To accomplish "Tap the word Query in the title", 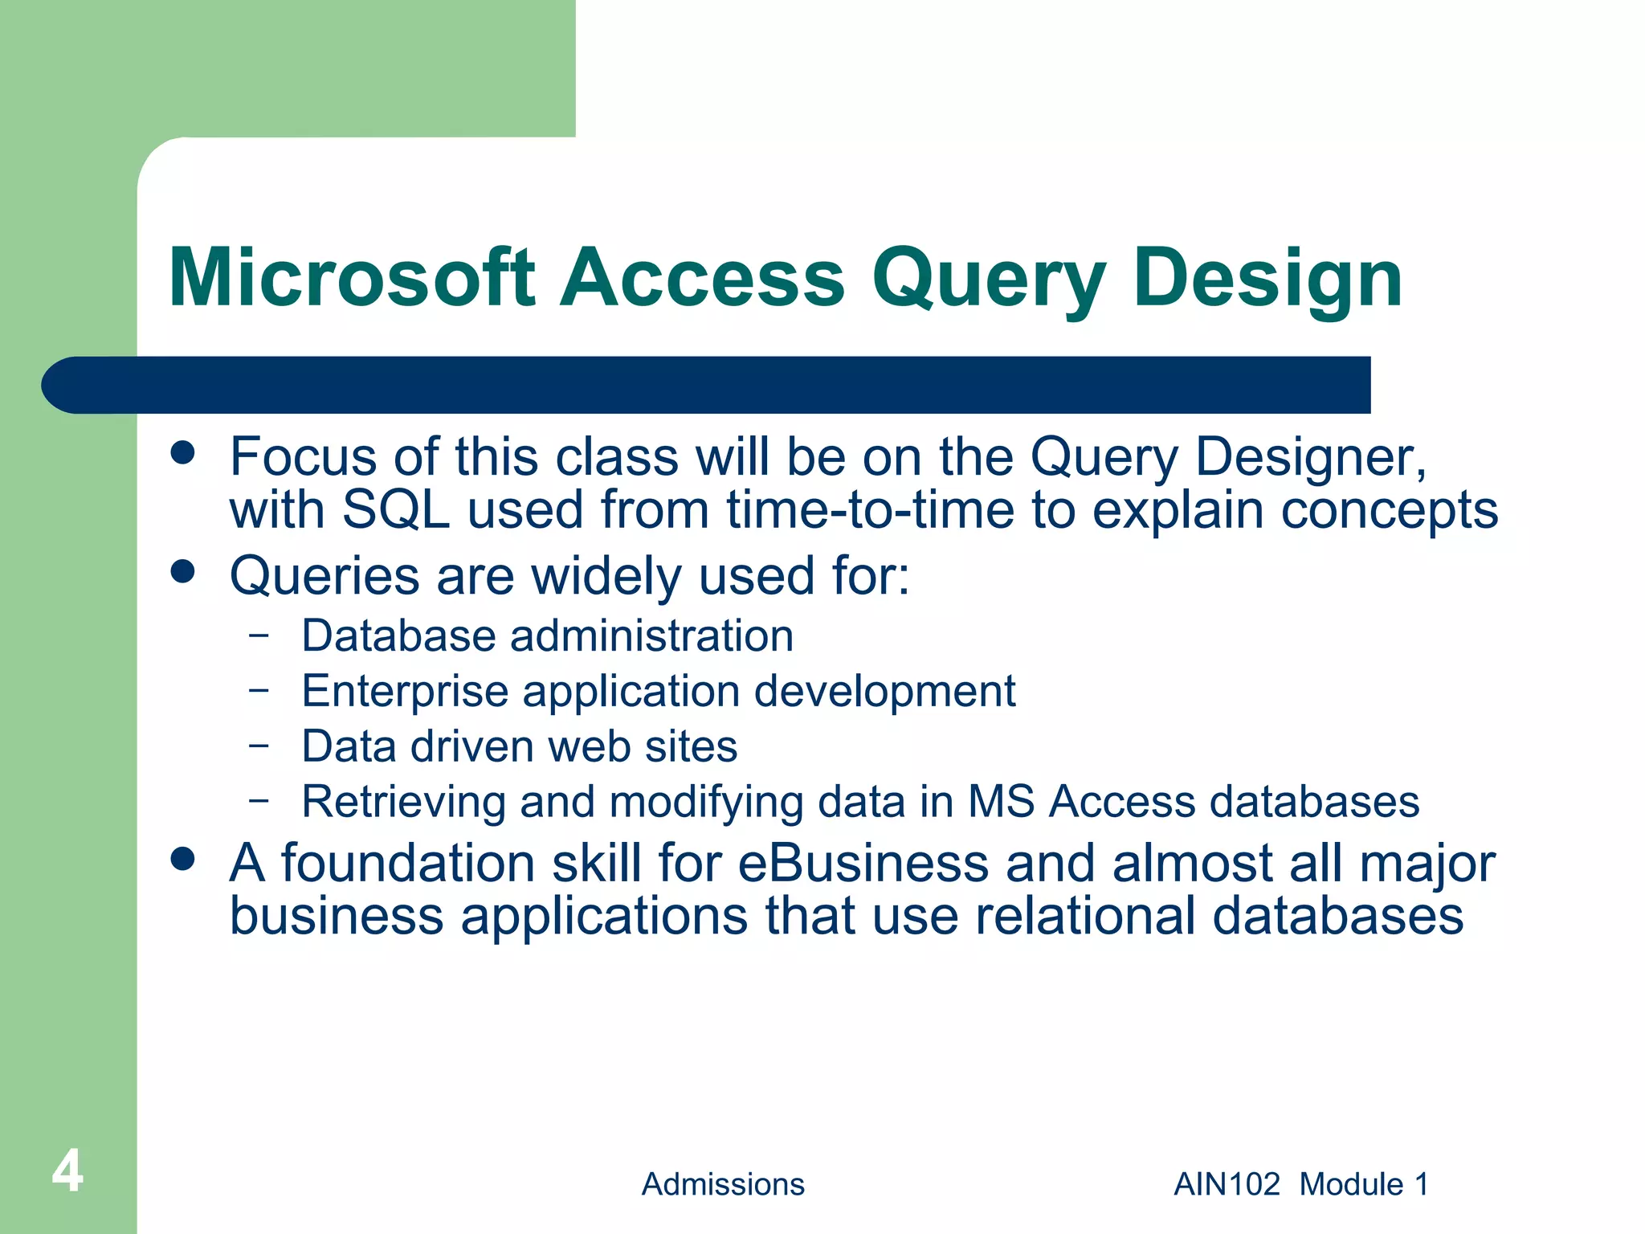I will point(989,280).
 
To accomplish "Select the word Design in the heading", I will point(1267,280).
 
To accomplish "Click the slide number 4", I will point(67,1171).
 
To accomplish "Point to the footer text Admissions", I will point(722,1184).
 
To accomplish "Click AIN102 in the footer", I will point(1227,1184).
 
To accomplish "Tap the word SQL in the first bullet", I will point(395,509).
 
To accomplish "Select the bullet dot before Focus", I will point(183,452).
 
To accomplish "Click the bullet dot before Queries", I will point(183,572).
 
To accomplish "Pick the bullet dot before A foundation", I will point(183,859).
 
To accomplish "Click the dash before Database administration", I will point(259,635).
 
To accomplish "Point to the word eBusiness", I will point(863,864).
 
